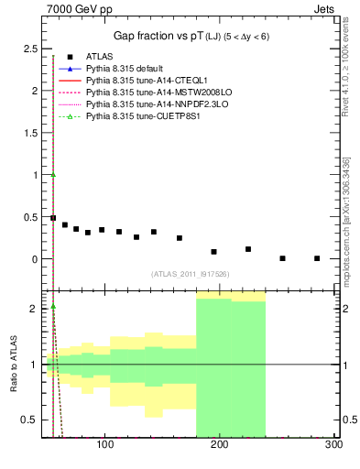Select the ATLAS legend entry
click(100, 57)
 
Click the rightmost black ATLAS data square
click(317, 258)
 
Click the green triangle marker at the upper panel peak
click(54, 175)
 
